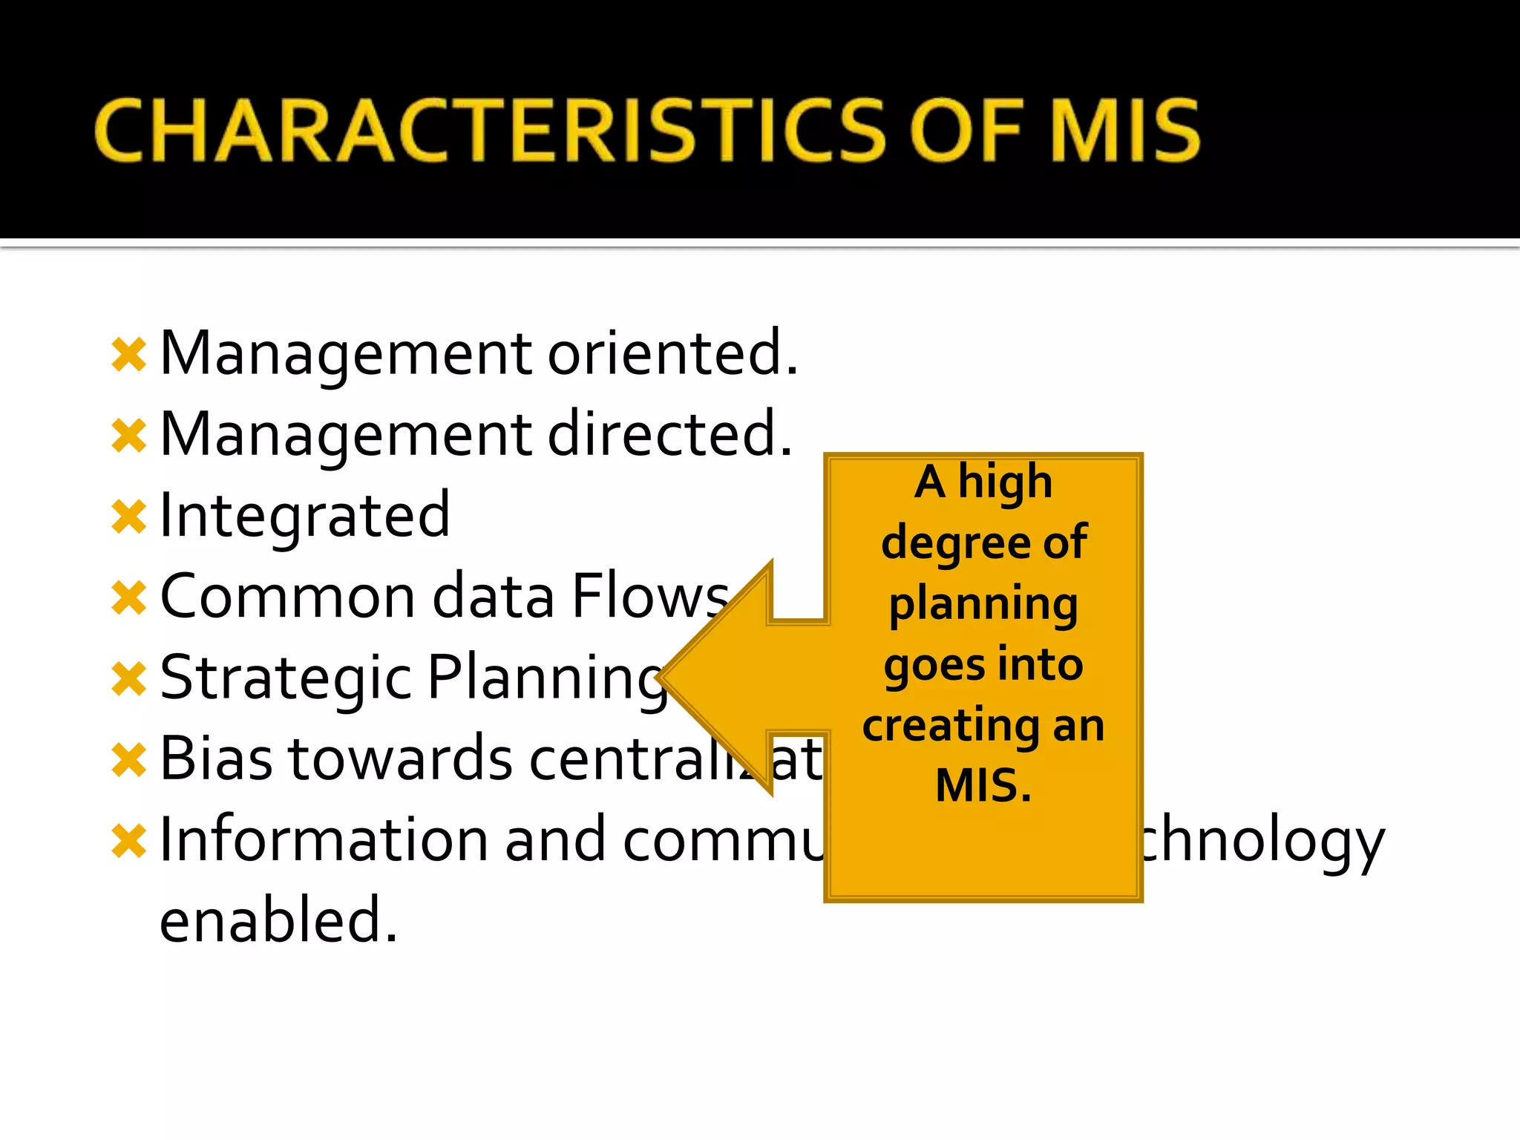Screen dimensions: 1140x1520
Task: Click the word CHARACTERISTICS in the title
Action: pyautogui.click(x=490, y=131)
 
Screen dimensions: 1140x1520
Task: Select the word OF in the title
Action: pyautogui.click(x=966, y=131)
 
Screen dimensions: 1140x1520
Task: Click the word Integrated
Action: pyautogui.click(x=304, y=516)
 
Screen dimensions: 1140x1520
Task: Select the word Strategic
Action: pyautogui.click(x=286, y=679)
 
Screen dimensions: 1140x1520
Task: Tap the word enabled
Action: pyautogui.click(x=278, y=920)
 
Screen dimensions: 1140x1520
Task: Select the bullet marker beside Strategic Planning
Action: pyautogui.click(x=129, y=679)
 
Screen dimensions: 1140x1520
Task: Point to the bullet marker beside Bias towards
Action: pyautogui.click(x=129, y=760)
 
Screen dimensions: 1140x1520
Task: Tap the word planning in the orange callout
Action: pyautogui.click(x=983, y=604)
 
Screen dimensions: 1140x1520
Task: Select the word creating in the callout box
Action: pyautogui.click(x=951, y=726)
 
